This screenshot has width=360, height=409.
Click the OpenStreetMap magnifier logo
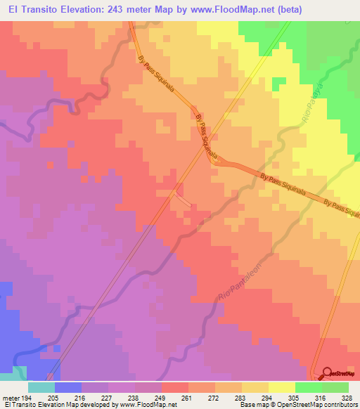[327, 373]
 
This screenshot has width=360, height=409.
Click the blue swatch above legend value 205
[68, 387]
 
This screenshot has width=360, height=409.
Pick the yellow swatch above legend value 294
[255, 387]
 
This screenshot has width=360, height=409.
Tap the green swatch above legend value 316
[308, 387]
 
